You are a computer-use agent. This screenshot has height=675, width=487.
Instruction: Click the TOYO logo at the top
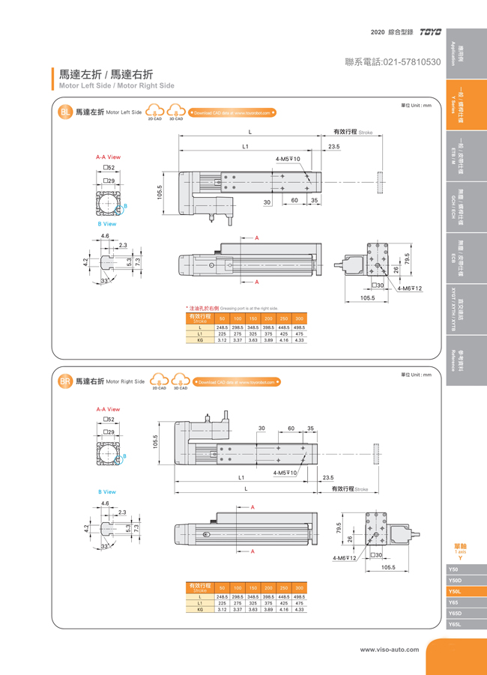[431, 32]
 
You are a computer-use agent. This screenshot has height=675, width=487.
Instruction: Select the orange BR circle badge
[65, 381]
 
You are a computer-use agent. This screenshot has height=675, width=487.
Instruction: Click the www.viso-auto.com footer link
[390, 649]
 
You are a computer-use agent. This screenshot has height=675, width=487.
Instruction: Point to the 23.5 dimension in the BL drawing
[334, 147]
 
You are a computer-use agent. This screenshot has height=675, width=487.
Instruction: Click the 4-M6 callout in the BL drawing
[410, 288]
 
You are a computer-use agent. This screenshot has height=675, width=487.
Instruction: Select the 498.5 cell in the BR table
[300, 596]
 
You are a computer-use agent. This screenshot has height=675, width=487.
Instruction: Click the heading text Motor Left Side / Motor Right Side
[116, 85]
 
